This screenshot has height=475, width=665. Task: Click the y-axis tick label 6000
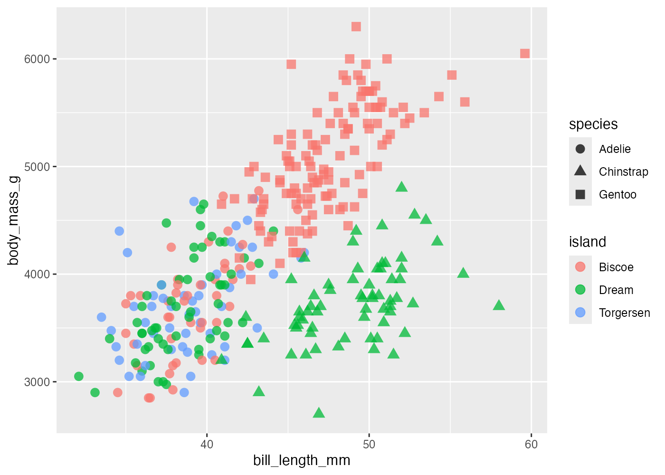[37, 59]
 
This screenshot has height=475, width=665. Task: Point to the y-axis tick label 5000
[37, 167]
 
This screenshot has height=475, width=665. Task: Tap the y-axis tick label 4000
[37, 275]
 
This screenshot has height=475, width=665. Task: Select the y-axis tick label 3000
[37, 382]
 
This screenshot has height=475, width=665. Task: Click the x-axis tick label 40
[207, 444]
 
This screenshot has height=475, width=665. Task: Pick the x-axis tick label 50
[369, 444]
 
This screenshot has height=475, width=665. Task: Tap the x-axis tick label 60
[531, 444]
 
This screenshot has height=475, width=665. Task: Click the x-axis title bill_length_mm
[302, 460]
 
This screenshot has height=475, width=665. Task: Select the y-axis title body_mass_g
[13, 220]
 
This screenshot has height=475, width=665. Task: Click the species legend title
[593, 124]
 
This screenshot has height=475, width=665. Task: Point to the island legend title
[588, 242]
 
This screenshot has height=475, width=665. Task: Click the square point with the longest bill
[525, 54]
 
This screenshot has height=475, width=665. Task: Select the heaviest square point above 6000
[356, 27]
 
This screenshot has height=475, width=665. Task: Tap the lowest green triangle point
[319, 412]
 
